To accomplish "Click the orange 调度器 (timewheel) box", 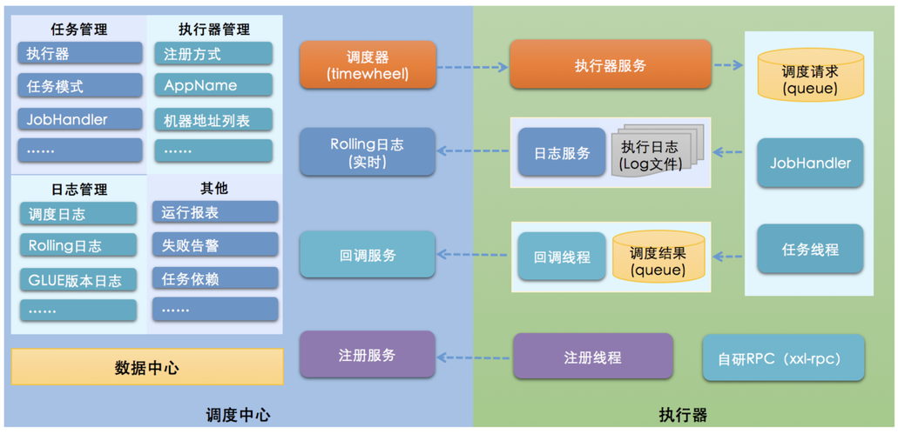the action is (x=368, y=65).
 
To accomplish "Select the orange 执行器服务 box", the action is (x=611, y=64).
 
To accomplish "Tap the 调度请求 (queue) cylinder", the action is (x=810, y=75).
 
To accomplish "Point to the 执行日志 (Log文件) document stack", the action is (x=655, y=151).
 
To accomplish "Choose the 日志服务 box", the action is (x=562, y=153).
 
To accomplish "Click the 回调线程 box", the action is (x=562, y=257).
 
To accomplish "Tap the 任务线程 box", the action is (x=810, y=250).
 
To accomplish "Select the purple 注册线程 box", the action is (x=593, y=357).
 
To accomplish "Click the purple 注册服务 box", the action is (x=368, y=355).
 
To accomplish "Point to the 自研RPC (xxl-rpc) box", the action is (x=783, y=358).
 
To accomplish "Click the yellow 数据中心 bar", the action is (x=147, y=367).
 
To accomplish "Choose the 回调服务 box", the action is (x=368, y=255).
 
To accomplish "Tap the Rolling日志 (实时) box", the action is (x=368, y=152).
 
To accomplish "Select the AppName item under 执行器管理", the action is (x=213, y=86).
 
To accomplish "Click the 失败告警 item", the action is (x=215, y=244).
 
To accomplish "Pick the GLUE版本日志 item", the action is (x=78, y=279).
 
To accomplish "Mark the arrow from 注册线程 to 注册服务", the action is (x=473, y=358).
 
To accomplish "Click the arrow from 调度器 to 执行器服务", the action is (x=473, y=67).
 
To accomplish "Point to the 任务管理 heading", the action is (x=79, y=29).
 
